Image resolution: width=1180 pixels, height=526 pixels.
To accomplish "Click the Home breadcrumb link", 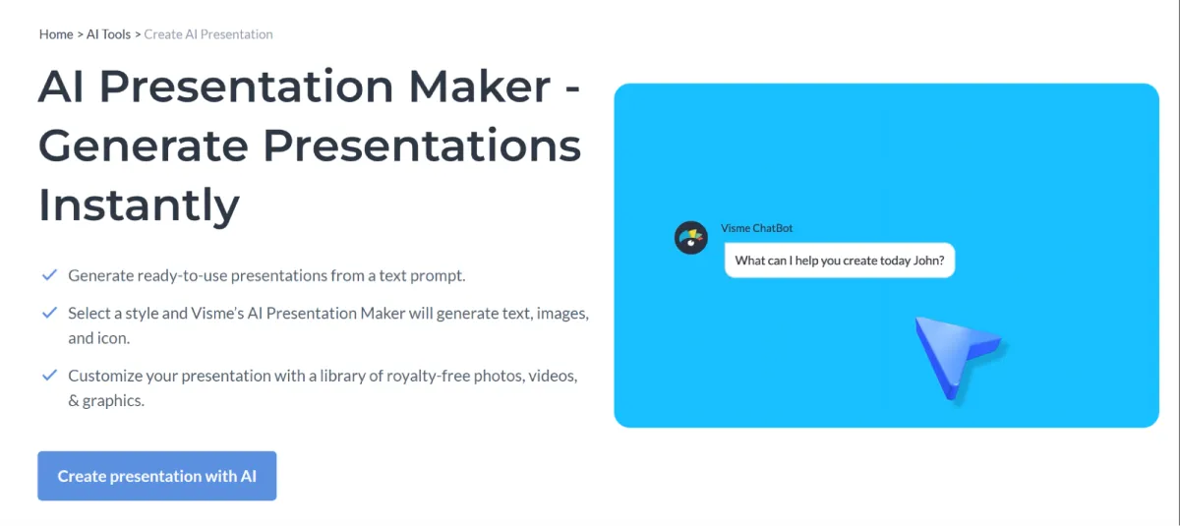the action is click(56, 34).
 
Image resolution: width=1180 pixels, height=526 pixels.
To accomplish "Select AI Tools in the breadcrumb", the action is click(108, 34).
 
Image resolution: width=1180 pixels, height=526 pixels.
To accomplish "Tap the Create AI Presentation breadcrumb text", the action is click(208, 34).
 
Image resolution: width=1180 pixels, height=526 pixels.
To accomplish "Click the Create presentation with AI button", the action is click(157, 476).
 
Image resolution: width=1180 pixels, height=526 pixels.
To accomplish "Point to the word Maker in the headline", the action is click(480, 86).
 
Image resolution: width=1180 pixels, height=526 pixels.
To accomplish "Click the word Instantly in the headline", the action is click(139, 205).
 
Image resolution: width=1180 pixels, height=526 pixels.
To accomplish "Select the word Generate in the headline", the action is click(144, 146).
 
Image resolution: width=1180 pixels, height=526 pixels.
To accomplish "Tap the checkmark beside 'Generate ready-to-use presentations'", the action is click(49, 275).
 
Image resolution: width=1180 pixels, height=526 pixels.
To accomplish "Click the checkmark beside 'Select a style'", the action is click(49, 313).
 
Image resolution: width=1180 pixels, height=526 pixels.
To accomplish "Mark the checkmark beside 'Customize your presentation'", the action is click(49, 375).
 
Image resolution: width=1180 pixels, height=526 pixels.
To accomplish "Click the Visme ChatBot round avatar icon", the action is click(690, 238).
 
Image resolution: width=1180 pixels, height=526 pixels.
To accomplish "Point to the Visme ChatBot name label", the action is click(756, 228).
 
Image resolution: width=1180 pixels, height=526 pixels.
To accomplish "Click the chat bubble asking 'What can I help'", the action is click(840, 261).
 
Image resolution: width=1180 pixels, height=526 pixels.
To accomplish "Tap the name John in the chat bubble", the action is click(928, 261).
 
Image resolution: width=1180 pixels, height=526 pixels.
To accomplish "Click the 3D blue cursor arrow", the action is click(955, 355).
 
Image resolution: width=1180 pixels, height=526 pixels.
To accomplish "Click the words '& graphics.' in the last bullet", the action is click(106, 401).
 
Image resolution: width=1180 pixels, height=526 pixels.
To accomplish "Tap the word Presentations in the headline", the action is click(422, 146).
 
